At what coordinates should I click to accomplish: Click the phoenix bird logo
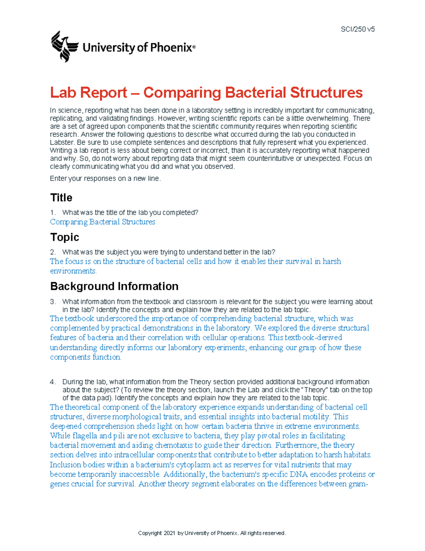click(64, 46)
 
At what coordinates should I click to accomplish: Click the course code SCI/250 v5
click(357, 29)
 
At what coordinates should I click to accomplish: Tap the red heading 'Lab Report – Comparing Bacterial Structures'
click(206, 93)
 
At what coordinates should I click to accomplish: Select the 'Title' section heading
click(61, 198)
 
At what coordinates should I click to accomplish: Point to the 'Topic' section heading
click(64, 237)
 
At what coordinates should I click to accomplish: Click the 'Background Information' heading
click(114, 286)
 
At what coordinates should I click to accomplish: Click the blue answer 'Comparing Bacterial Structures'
click(102, 222)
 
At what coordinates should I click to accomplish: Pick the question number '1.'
click(53, 213)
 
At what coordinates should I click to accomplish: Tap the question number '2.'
click(53, 252)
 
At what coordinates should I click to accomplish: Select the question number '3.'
click(53, 302)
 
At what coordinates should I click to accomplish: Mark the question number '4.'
click(53, 382)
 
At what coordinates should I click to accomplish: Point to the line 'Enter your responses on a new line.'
click(105, 178)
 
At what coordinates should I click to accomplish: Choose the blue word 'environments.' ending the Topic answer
click(73, 271)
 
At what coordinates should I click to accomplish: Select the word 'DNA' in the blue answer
click(299, 474)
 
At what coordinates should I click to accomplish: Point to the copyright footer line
click(212, 533)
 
